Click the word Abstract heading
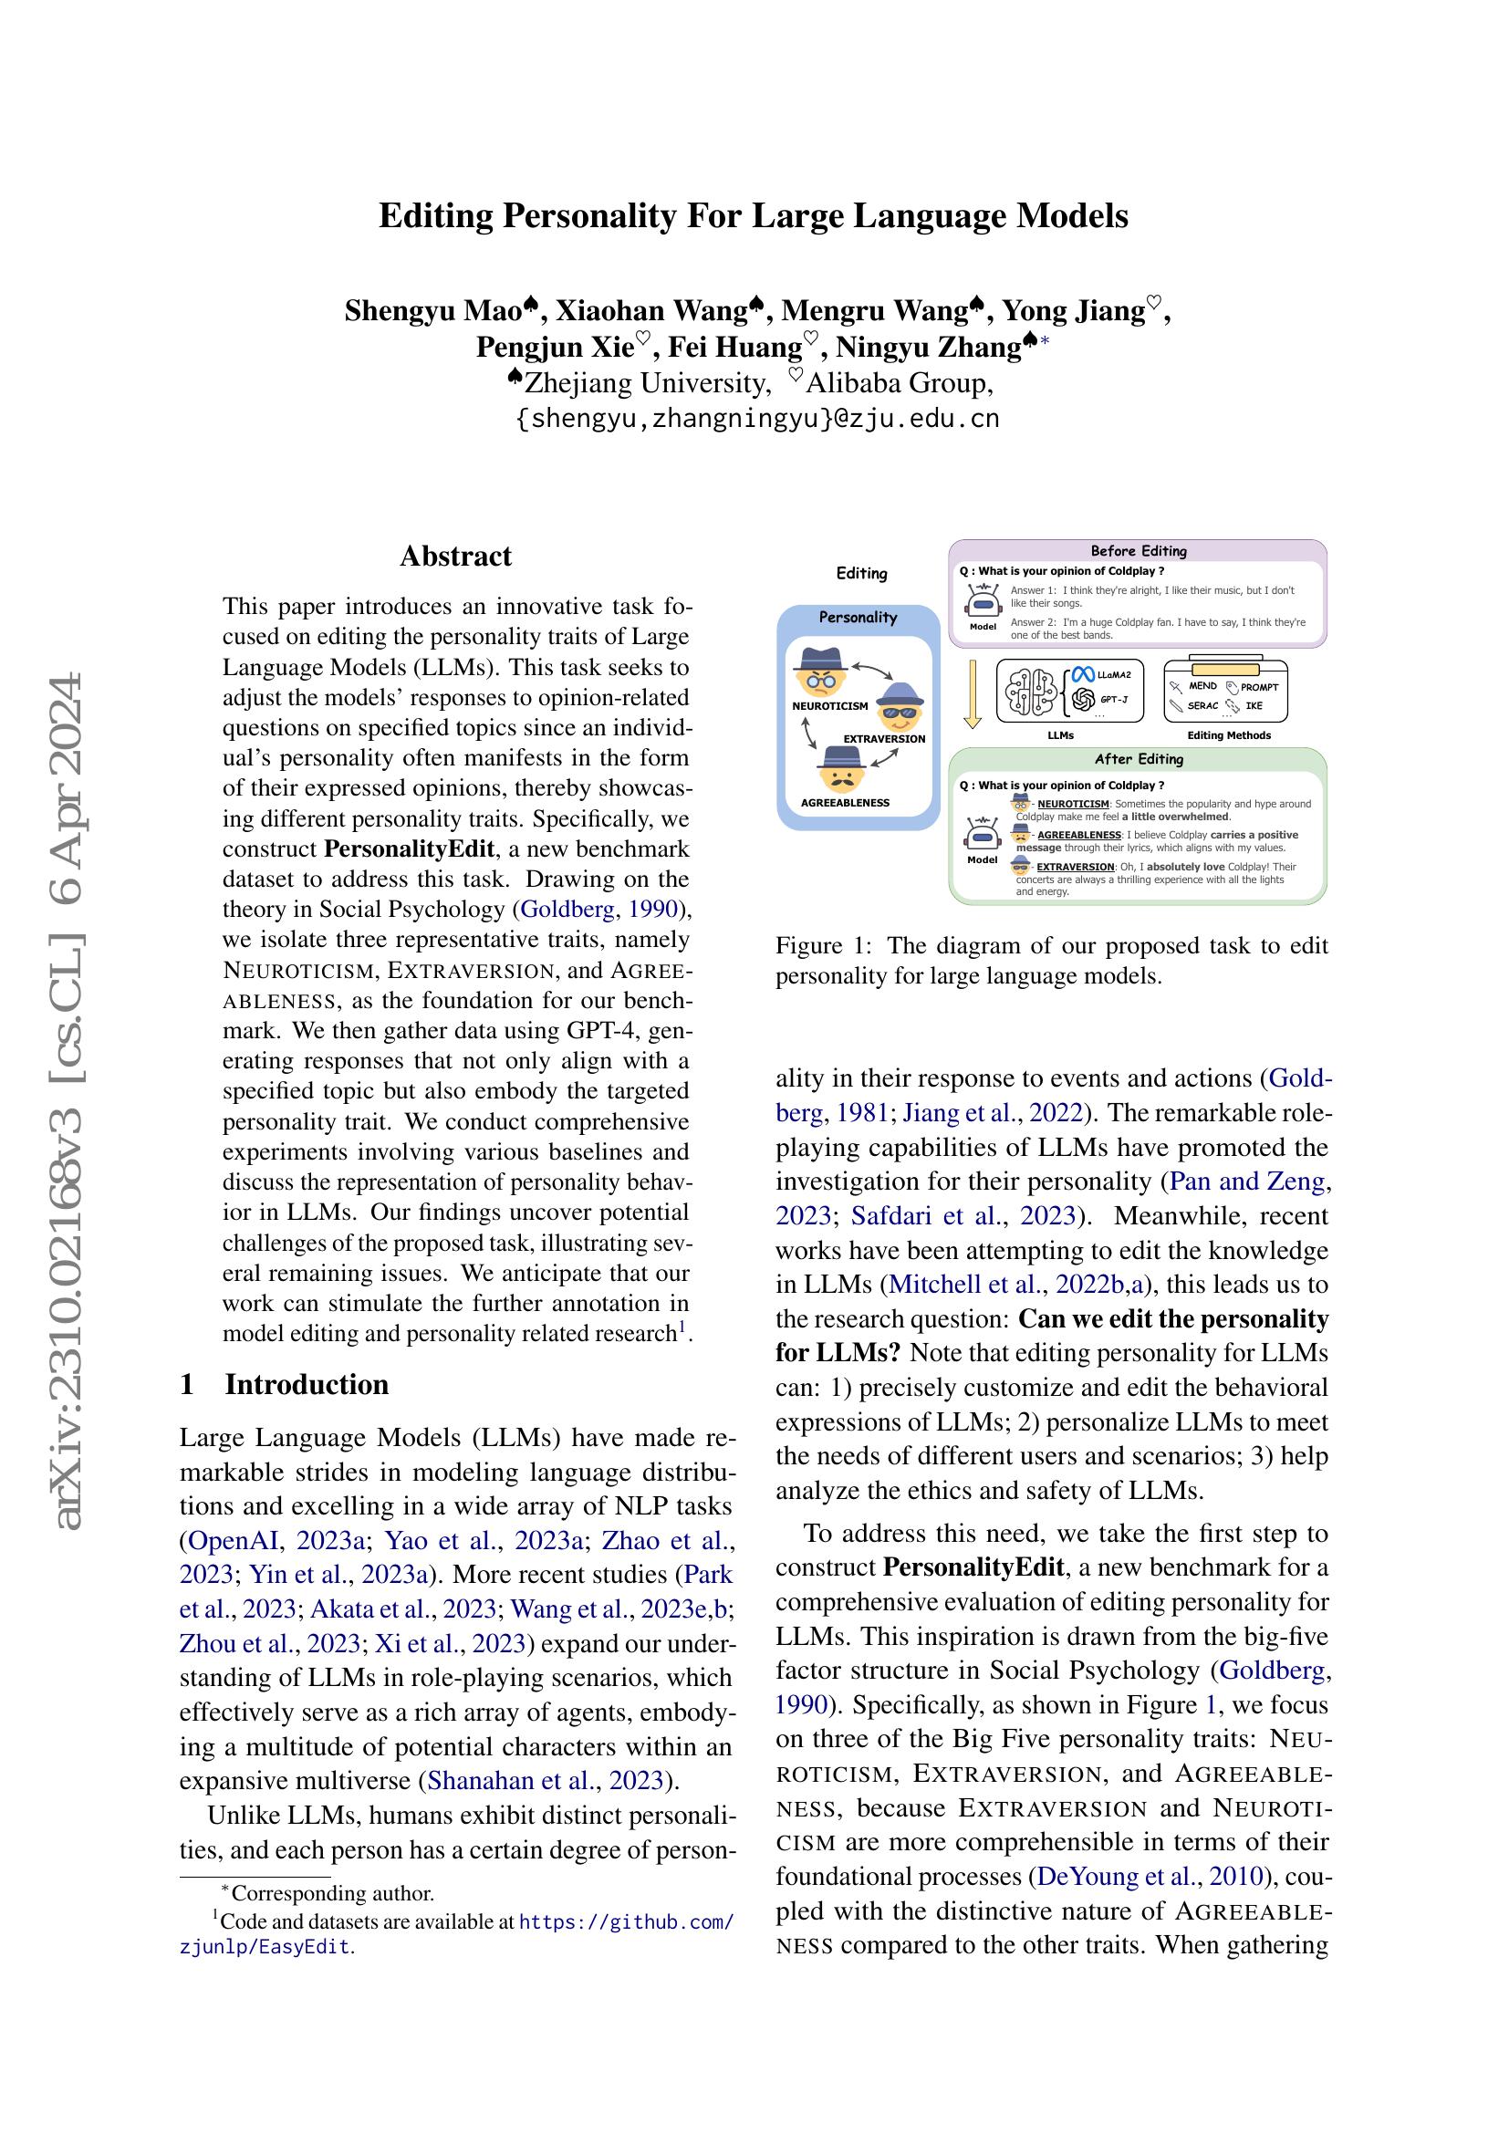click(x=455, y=556)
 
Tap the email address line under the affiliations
click(x=757, y=418)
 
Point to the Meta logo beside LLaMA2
click(x=1083, y=675)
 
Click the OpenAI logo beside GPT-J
click(x=1083, y=699)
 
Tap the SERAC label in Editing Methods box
click(x=1202, y=705)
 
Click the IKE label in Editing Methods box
click(x=1254, y=705)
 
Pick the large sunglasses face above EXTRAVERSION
click(x=898, y=708)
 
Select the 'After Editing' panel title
click(x=1139, y=758)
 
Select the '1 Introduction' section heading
click(x=285, y=1384)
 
